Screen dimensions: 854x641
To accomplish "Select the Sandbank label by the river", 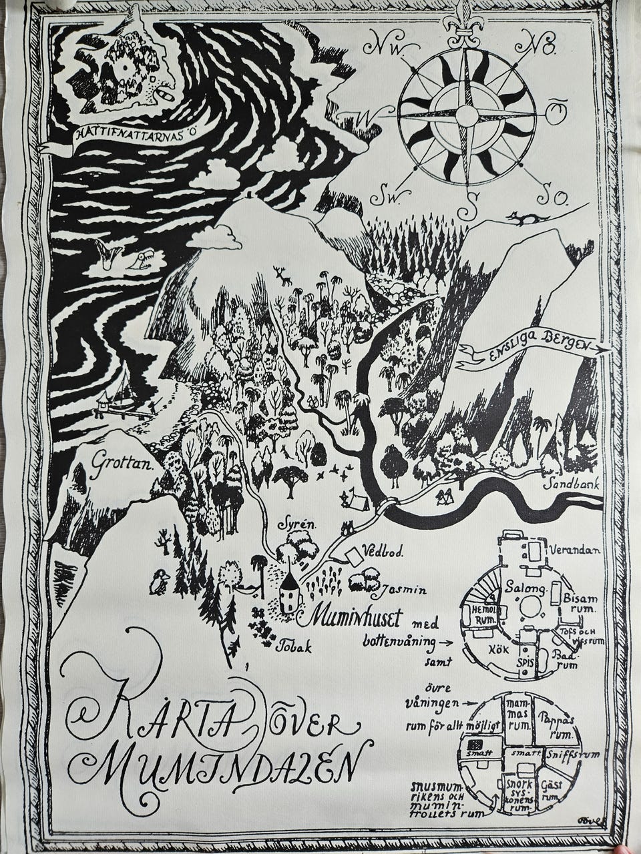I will point(572,485).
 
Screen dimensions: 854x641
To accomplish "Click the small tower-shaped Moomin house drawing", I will point(289,590).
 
